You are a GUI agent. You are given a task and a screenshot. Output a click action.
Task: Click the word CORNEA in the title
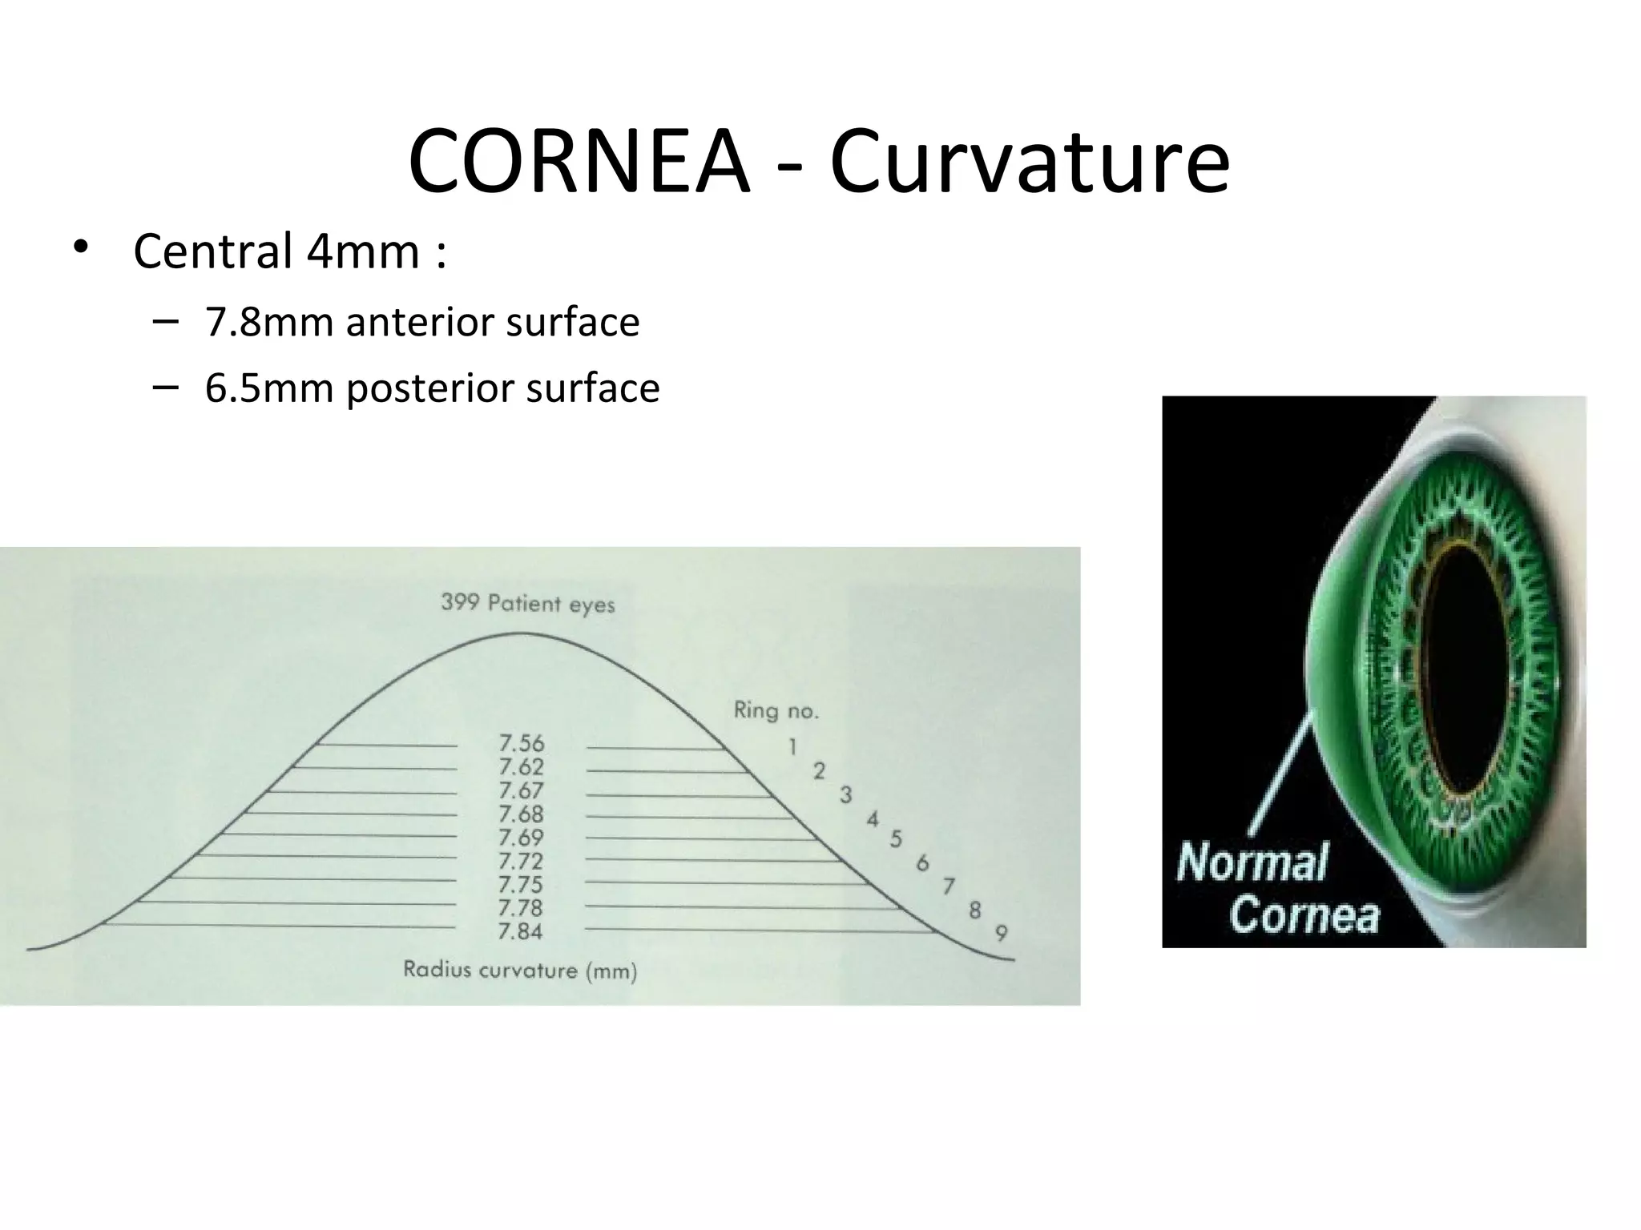click(579, 163)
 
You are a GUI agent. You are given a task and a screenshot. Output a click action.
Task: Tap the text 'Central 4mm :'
click(289, 251)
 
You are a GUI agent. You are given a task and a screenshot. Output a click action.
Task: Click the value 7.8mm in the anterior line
click(268, 323)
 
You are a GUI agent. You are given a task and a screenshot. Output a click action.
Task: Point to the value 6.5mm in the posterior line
click(268, 388)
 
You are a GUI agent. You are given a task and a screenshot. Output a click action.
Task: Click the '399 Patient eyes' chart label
click(527, 603)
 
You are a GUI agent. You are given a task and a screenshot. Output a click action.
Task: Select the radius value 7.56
click(521, 744)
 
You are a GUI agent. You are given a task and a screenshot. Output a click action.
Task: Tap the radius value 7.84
click(521, 932)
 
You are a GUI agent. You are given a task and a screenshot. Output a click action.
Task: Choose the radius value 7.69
click(521, 838)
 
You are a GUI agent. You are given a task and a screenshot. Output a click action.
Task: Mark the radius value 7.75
click(521, 885)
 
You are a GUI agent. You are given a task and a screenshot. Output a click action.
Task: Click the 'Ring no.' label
click(776, 710)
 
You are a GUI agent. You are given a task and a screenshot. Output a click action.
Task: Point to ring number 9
click(1002, 933)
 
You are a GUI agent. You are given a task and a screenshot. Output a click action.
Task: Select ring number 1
click(792, 747)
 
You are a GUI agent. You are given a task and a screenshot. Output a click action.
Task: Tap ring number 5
click(896, 839)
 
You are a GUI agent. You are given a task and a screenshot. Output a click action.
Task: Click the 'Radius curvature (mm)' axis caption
click(520, 971)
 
